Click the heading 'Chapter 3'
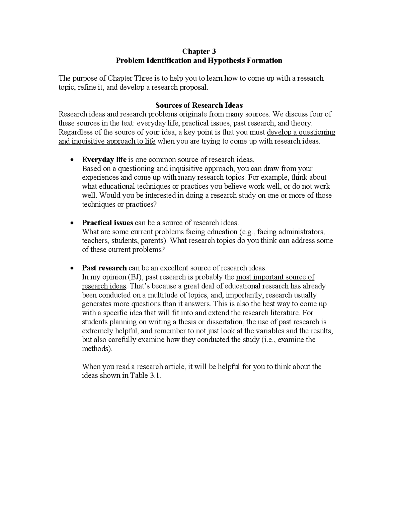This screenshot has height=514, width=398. [199, 51]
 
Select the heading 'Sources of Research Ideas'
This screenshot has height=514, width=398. [199, 105]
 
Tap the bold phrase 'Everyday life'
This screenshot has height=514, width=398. [104, 160]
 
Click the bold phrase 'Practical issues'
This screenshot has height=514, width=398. [108, 223]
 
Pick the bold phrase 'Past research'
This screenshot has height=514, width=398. [104, 268]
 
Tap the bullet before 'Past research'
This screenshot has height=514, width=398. [72, 268]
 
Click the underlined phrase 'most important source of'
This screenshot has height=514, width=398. [275, 277]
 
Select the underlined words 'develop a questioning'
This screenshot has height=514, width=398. [301, 132]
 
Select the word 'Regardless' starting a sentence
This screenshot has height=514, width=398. [76, 132]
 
